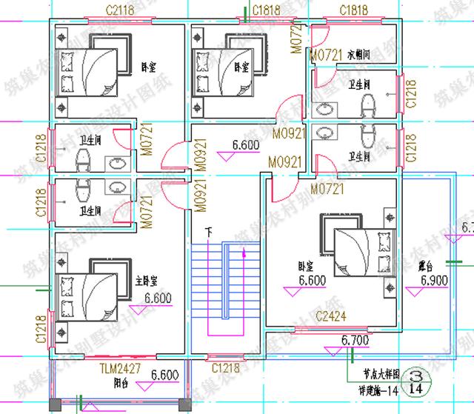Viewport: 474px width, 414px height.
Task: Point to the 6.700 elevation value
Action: tap(355, 340)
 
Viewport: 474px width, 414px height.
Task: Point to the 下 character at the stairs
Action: tap(208, 233)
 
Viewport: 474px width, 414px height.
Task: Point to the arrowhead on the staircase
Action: tap(243, 254)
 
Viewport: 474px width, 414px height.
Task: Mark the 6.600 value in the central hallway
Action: tap(245, 146)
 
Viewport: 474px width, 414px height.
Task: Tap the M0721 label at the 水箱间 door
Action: tap(327, 55)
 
